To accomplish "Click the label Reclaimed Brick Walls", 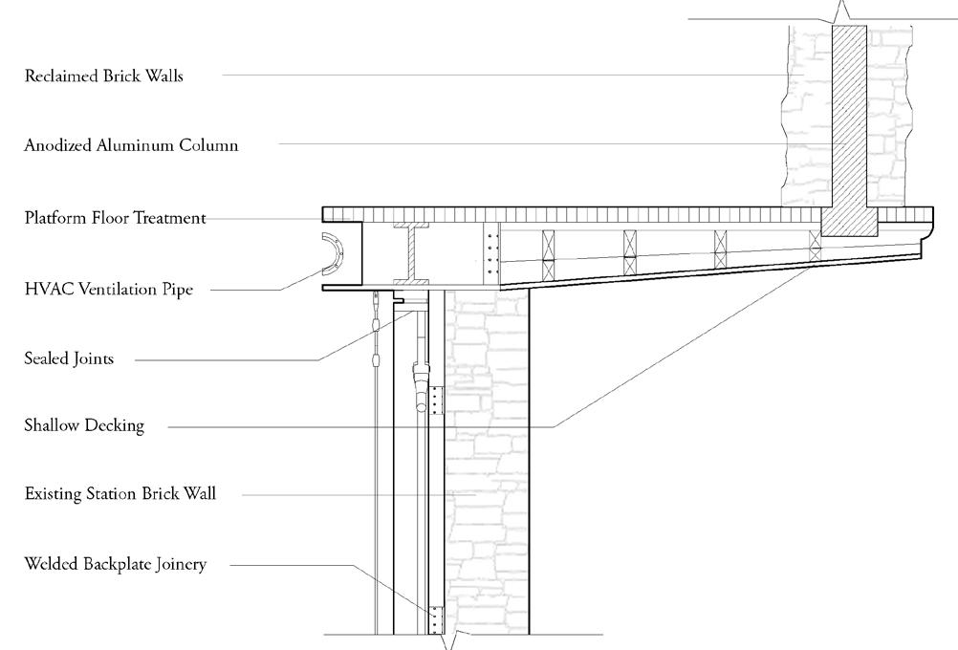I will [103, 76].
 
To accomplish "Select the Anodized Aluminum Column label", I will [131, 145].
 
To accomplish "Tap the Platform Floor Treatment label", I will [115, 218].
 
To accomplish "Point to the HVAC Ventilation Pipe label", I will [108, 290].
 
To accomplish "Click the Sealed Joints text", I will [69, 359].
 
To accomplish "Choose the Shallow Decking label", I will [84, 425].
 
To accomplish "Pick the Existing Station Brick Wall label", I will [120, 494].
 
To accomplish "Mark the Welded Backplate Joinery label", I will [115, 564].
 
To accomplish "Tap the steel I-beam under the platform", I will [413, 254].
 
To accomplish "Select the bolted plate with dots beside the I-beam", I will [492, 252].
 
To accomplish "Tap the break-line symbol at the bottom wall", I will [452, 639].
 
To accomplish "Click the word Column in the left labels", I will [210, 145].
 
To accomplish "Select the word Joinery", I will [180, 564].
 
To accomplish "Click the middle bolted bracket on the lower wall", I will [437, 401].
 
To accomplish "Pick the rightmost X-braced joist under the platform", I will [815, 247].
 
